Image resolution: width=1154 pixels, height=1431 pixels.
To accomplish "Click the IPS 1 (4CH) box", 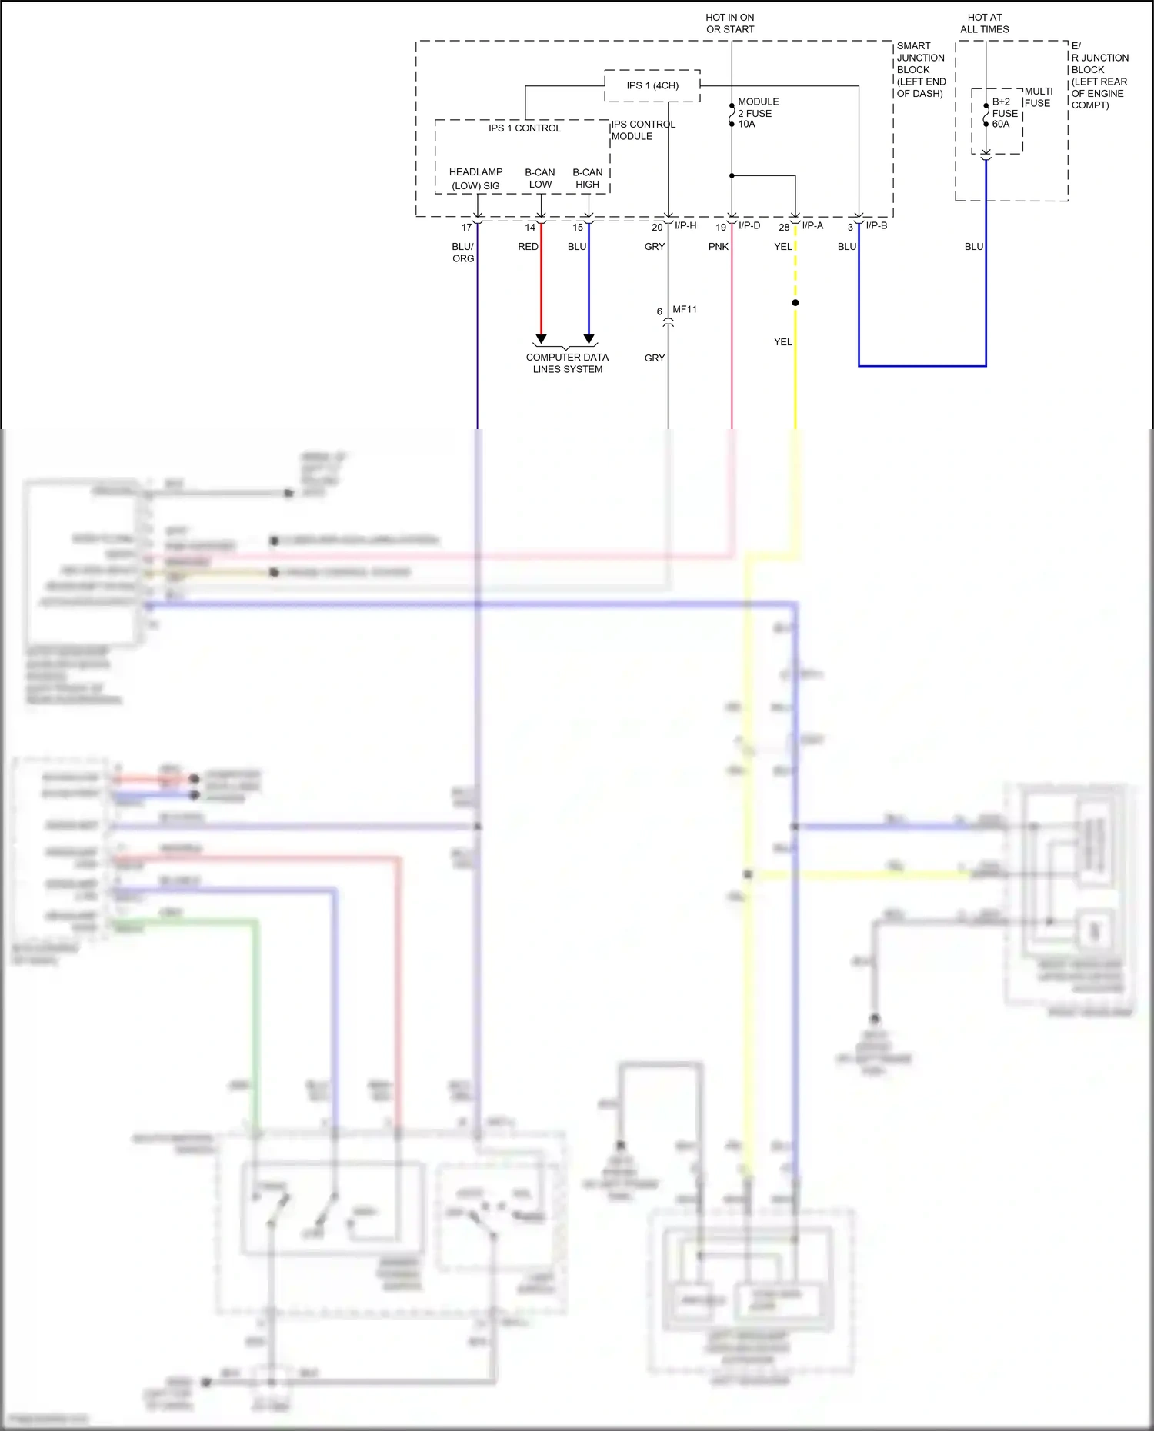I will (x=652, y=85).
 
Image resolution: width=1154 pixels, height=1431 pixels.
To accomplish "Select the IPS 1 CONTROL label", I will (x=525, y=128).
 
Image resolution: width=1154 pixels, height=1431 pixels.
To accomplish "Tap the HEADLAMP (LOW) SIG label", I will (x=475, y=178).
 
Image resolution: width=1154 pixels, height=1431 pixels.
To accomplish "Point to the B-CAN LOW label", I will (x=540, y=178).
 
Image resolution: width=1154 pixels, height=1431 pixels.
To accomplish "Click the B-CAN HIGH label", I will (x=587, y=178).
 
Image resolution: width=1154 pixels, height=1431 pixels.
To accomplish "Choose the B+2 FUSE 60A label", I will (x=1004, y=113).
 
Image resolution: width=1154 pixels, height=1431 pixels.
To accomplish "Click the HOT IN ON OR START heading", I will (x=730, y=23).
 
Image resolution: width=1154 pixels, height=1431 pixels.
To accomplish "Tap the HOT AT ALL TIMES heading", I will (x=985, y=23).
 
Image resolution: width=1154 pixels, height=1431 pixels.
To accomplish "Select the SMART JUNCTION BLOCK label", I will (x=921, y=69).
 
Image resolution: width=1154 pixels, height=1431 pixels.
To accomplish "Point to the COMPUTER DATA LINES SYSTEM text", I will (x=567, y=363).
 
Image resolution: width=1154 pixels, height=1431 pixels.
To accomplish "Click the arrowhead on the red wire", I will (x=541, y=339).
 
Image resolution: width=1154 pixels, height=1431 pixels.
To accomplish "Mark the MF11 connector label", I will (x=685, y=309).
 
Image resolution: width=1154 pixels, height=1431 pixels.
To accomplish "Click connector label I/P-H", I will (x=685, y=225).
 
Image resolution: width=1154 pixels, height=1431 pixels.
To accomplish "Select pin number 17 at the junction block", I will (x=466, y=228).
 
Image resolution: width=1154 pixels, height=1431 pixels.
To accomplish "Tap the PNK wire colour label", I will (x=719, y=247).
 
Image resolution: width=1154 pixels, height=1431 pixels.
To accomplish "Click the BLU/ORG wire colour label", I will (x=463, y=252).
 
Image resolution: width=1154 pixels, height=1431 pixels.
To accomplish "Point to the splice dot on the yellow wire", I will (x=795, y=303).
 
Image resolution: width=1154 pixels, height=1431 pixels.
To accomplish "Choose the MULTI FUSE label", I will (x=1038, y=97).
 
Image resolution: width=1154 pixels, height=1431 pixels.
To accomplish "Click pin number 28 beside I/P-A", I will (x=784, y=228).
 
